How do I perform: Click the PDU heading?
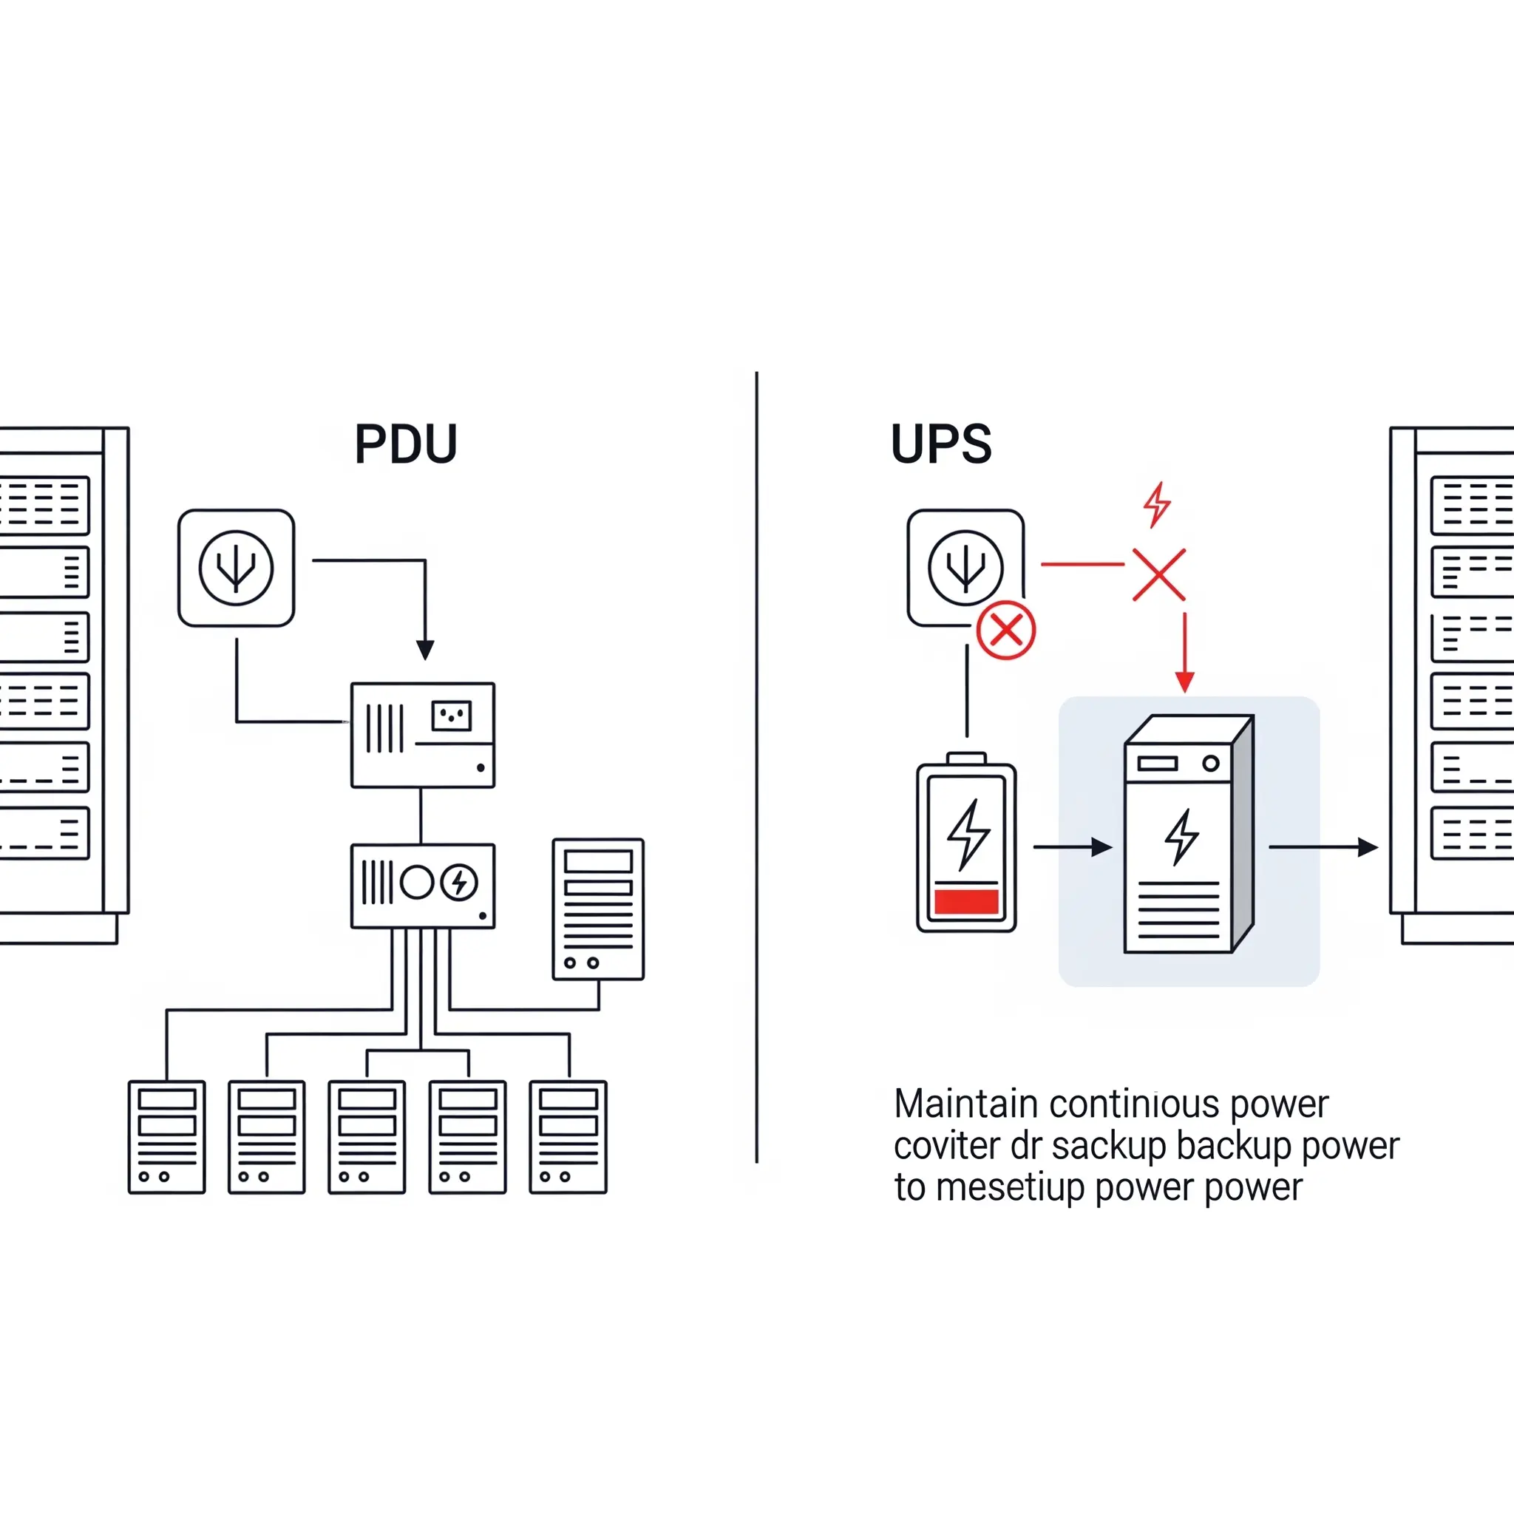(x=405, y=444)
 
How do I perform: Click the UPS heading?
(x=941, y=444)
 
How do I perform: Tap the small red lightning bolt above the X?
(x=1157, y=504)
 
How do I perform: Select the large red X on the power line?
(x=1159, y=574)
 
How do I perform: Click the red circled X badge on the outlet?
(x=1006, y=630)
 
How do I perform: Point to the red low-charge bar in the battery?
(x=966, y=901)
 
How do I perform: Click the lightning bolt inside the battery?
(x=968, y=834)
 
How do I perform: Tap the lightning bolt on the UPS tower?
(x=1182, y=837)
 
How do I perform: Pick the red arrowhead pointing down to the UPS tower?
(x=1185, y=681)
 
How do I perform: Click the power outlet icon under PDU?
(x=236, y=568)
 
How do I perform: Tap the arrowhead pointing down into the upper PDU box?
(x=425, y=650)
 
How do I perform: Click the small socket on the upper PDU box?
(x=452, y=716)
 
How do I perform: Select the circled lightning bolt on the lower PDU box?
(x=459, y=883)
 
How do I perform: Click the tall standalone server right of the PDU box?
(x=598, y=909)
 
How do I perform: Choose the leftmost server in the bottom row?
(x=167, y=1137)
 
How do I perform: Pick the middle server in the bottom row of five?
(x=367, y=1137)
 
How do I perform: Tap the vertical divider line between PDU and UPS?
(x=756, y=768)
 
